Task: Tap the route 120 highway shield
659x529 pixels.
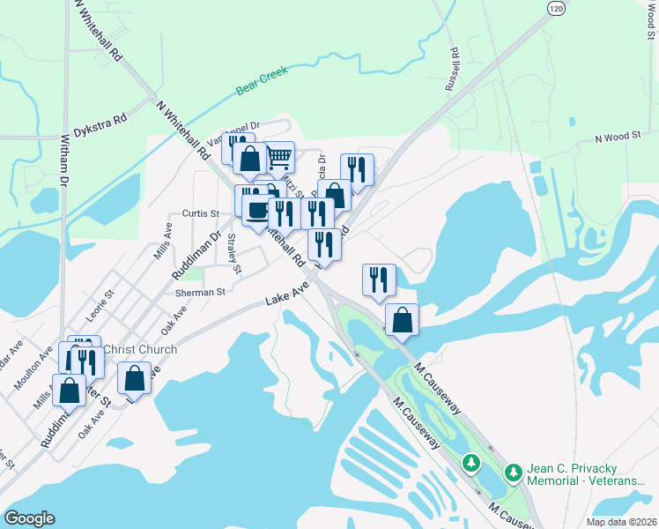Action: (x=554, y=8)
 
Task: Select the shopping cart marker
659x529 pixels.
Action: (x=279, y=158)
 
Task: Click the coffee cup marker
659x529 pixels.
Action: (x=257, y=211)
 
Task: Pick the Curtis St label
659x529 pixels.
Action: (x=200, y=213)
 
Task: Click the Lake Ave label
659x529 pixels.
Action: (x=287, y=294)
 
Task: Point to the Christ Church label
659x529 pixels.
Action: (x=140, y=349)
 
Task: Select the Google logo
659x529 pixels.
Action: (x=30, y=518)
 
